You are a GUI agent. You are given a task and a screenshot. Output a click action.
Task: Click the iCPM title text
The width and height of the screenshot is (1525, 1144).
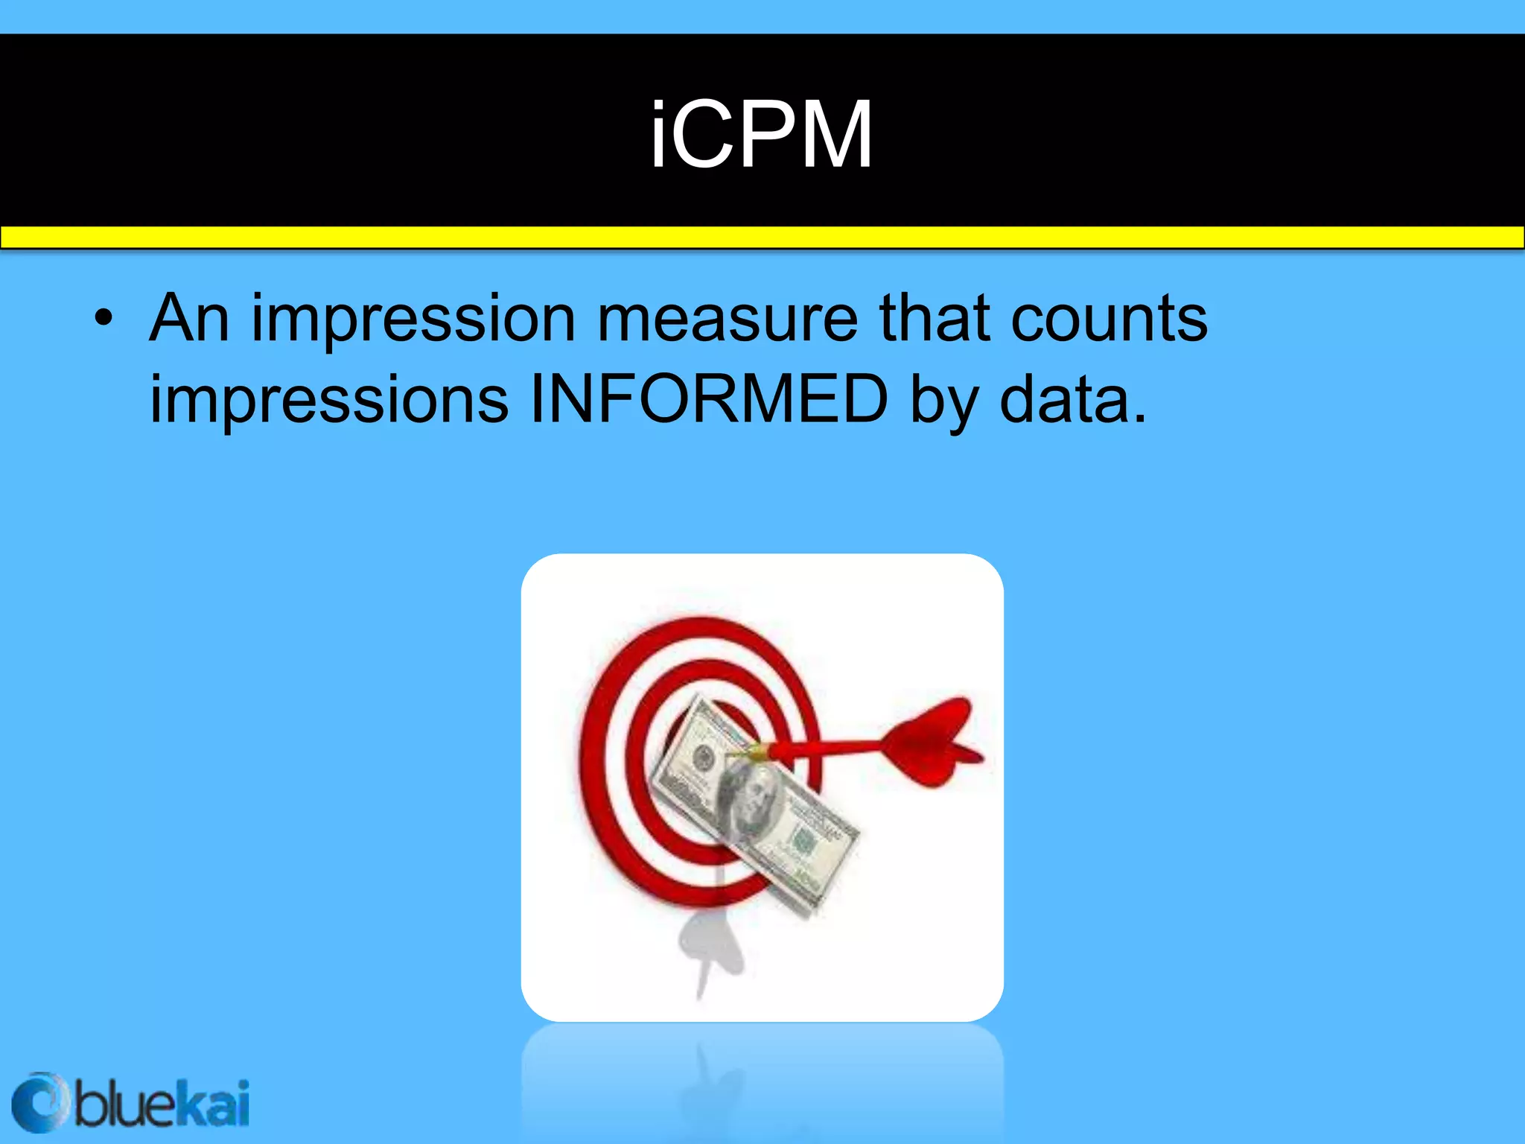point(761,136)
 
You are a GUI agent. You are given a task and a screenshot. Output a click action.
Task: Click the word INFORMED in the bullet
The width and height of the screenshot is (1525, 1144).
point(708,399)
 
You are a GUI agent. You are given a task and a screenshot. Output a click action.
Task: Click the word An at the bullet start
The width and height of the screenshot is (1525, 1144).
point(189,319)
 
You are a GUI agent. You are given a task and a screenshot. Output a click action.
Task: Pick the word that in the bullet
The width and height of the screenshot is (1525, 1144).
point(935,319)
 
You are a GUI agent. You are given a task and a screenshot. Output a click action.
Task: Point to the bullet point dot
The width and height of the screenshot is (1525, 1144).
point(104,320)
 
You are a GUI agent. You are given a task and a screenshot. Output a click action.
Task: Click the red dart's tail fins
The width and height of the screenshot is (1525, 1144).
point(935,740)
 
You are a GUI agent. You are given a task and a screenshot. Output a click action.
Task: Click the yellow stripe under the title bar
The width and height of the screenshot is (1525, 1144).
point(762,238)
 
